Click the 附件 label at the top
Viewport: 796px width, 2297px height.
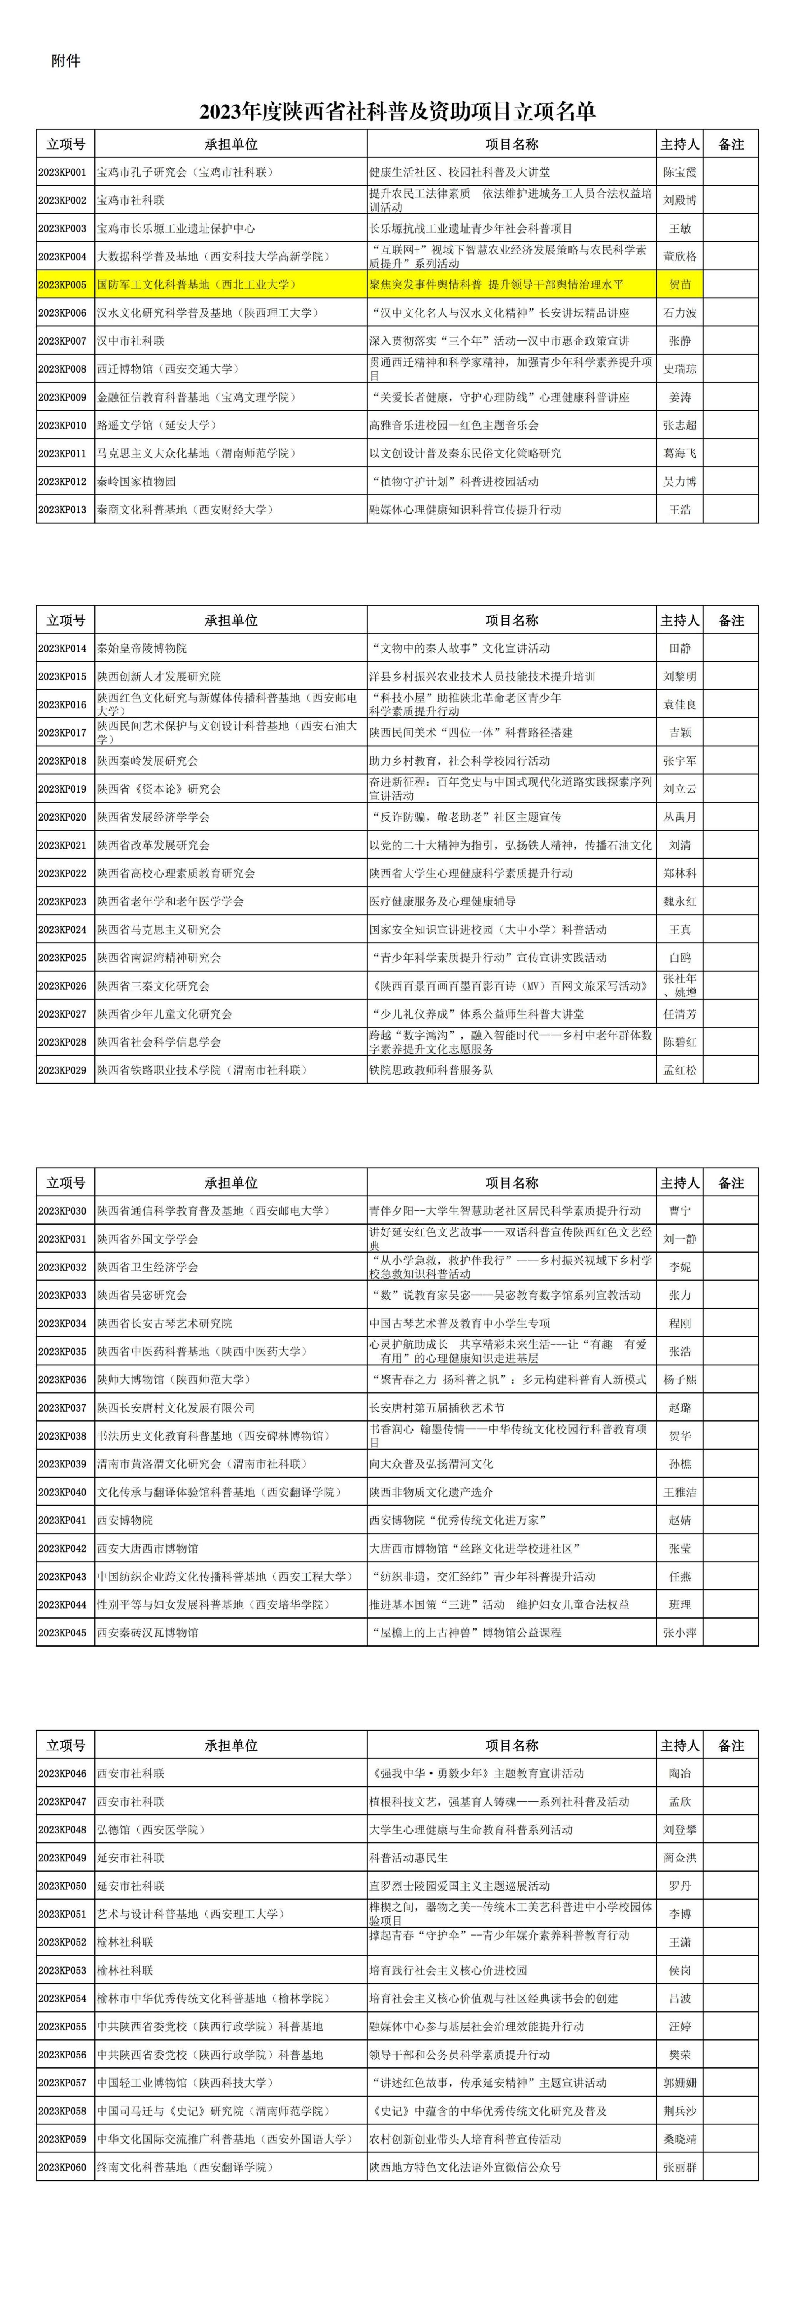click(x=66, y=61)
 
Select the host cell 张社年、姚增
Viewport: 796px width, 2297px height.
click(x=680, y=985)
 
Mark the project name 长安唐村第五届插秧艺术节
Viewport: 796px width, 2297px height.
click(x=437, y=1408)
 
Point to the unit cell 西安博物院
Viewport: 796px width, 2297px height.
click(x=125, y=1520)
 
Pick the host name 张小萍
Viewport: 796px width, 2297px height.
click(x=680, y=1633)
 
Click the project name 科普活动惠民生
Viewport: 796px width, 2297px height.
click(x=409, y=1858)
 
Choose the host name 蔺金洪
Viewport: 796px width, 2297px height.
click(x=680, y=1858)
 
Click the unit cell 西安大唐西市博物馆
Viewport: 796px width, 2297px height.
click(x=148, y=1549)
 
